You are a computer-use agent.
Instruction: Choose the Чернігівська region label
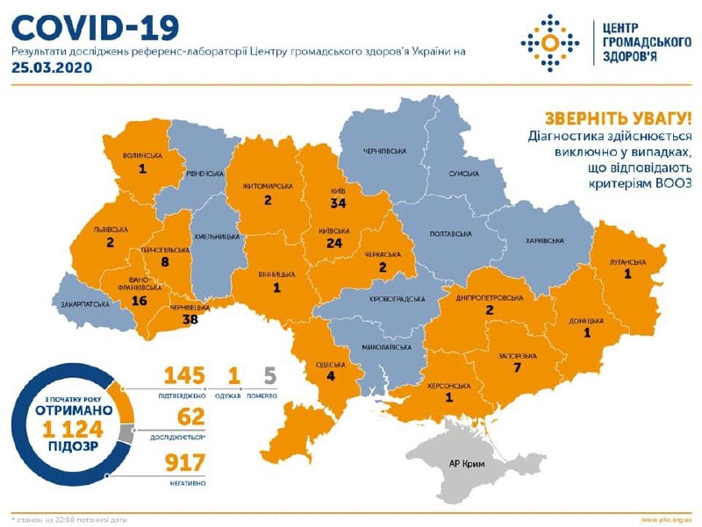click(x=384, y=152)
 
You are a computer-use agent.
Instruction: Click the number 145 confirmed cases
click(x=185, y=375)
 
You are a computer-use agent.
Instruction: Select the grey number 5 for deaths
click(x=270, y=375)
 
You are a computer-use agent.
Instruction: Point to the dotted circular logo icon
click(x=549, y=41)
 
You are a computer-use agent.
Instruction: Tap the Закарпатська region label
click(x=86, y=303)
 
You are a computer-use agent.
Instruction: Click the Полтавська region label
click(x=452, y=234)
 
